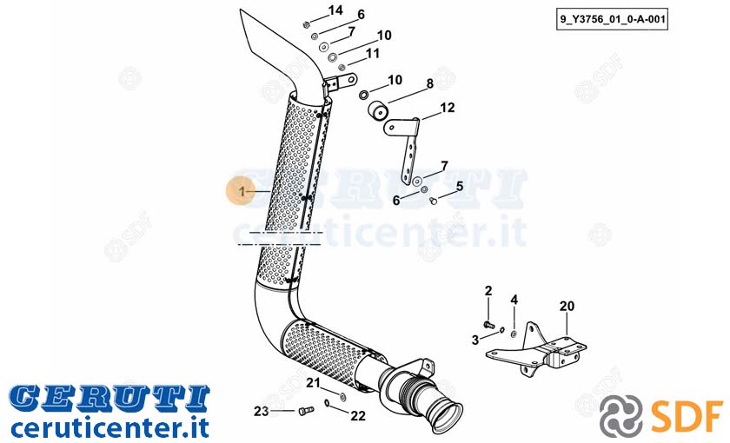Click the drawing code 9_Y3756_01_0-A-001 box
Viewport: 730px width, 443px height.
[x=612, y=20]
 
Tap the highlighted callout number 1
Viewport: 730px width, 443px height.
[x=242, y=191]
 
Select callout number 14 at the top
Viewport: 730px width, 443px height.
[x=335, y=10]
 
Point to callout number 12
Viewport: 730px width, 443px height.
[x=447, y=108]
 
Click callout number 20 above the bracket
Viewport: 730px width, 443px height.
[x=567, y=306]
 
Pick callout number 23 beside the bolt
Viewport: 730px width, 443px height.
[x=262, y=412]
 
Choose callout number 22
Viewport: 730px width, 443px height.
[x=357, y=415]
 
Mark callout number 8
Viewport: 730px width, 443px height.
[x=429, y=83]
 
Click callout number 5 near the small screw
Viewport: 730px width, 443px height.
[x=460, y=187]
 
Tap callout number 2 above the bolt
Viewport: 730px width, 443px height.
[x=488, y=291]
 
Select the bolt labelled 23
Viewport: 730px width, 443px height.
[x=305, y=410]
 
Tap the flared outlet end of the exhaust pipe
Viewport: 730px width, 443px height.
[x=447, y=417]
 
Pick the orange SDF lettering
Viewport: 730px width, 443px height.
[x=687, y=415]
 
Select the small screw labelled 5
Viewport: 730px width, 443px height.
[x=434, y=201]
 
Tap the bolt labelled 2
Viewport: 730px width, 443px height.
[x=488, y=324]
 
